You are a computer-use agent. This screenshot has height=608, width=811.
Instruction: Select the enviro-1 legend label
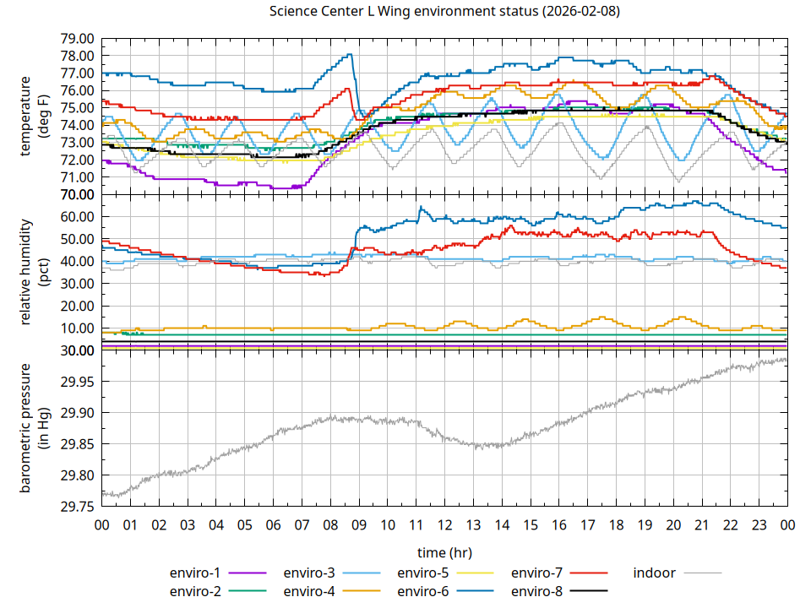pyautogui.click(x=195, y=573)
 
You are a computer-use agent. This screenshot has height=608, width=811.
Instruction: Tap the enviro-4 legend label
pyautogui.click(x=309, y=591)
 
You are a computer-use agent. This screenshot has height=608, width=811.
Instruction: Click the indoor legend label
pyautogui.click(x=655, y=573)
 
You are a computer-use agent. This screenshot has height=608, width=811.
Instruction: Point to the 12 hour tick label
pyautogui.click(x=444, y=524)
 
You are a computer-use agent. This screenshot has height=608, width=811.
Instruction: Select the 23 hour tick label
pyautogui.click(x=759, y=524)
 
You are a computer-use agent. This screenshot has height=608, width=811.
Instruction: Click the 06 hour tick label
pyautogui.click(x=273, y=524)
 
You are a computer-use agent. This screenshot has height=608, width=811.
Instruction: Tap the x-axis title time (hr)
pyautogui.click(x=444, y=552)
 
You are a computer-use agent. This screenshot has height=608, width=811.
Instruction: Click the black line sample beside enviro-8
pyautogui.click(x=588, y=591)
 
